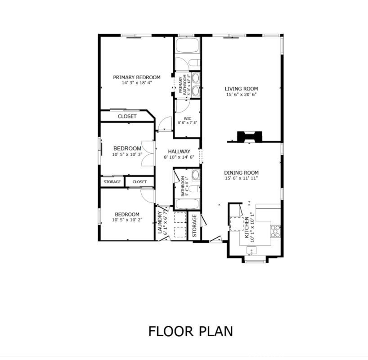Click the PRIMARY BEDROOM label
pos(137,77)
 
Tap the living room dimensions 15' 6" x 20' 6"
pos(241,94)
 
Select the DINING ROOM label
pos(241,173)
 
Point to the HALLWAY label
pos(179,152)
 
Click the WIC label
pos(188,119)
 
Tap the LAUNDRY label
pos(160,222)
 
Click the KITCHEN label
pos(247,227)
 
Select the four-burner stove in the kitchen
pos(275,231)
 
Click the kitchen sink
pos(251,251)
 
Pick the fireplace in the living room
pos(250,137)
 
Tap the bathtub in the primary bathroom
pos(188,45)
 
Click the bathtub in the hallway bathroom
pos(188,204)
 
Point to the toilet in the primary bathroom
pos(194,63)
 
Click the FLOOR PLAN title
pos(191,331)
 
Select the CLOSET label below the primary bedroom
pos(127,117)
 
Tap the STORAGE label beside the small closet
pos(112,182)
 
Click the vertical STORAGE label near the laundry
pos(194,226)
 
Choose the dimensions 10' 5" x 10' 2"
pos(127,220)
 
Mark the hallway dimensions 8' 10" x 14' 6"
pos(179,157)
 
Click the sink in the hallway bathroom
pos(196,175)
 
